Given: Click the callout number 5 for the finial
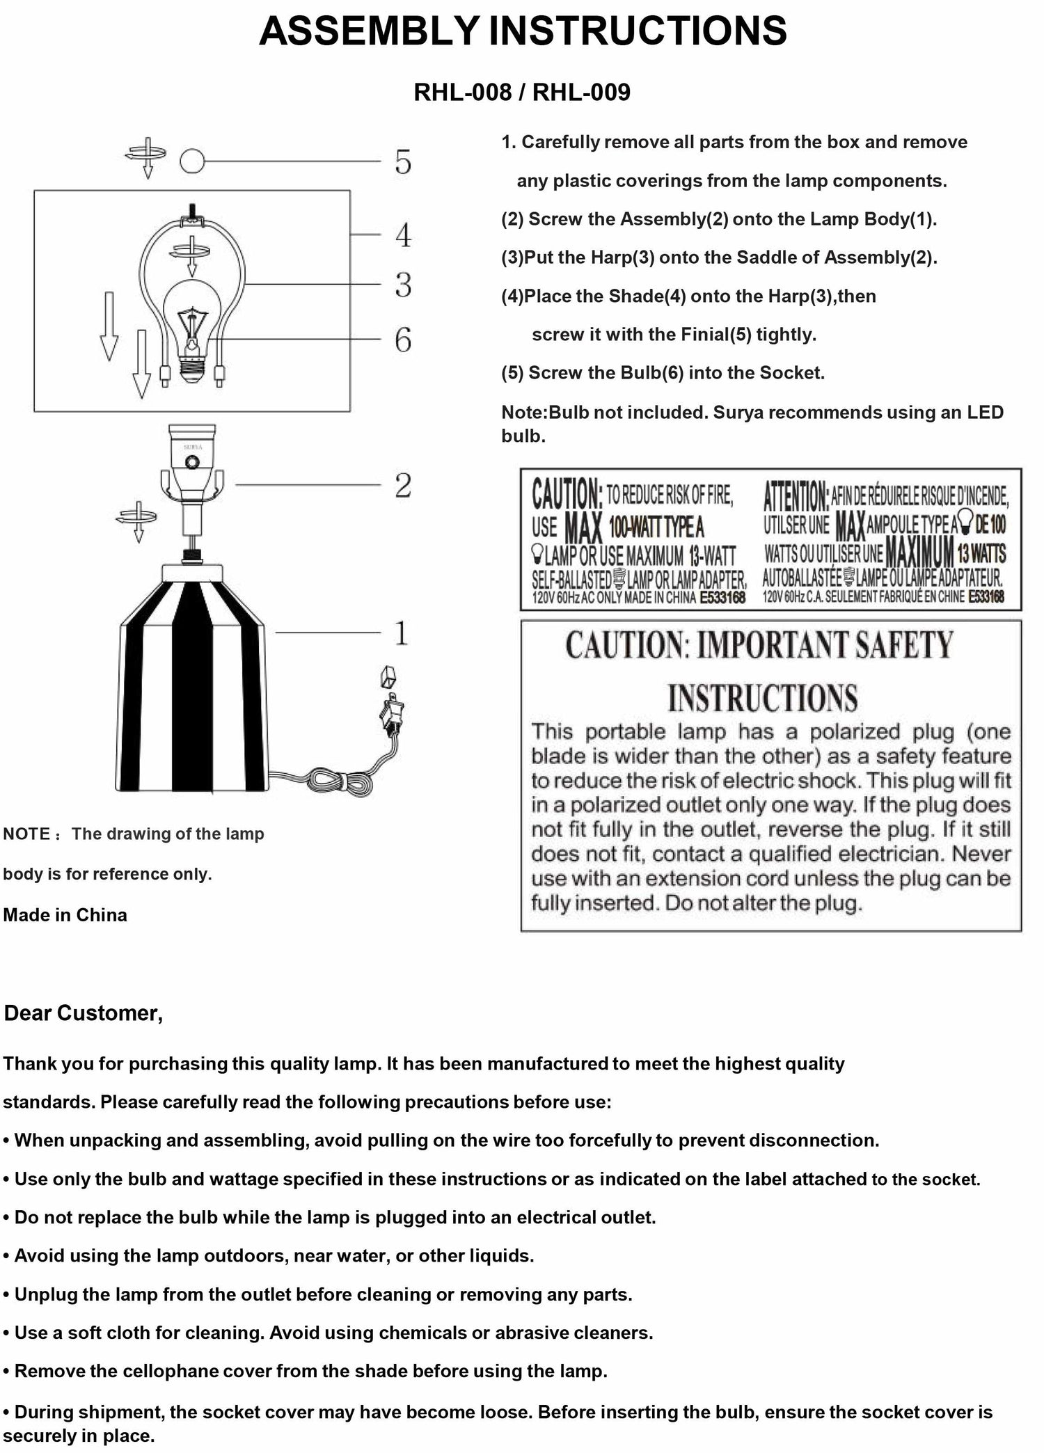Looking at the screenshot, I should click(x=403, y=161).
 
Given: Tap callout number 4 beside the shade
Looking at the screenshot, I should click(x=403, y=235).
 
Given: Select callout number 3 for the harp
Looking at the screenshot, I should click(x=403, y=285).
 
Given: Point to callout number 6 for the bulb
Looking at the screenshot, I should click(x=403, y=340).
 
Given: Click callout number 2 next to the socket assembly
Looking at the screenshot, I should click(x=403, y=486).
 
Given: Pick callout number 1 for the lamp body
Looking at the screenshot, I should click(x=402, y=633).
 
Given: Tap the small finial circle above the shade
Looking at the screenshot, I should click(x=192, y=161).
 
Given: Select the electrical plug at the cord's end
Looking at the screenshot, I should click(x=391, y=713).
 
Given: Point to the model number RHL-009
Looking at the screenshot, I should click(x=581, y=93).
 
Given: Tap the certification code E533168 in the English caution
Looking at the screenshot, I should click(x=722, y=598).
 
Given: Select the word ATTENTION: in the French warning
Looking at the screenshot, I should click(x=796, y=495).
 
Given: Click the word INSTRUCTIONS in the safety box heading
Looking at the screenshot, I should click(x=763, y=698).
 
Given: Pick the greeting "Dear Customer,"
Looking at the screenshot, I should click(x=84, y=1013).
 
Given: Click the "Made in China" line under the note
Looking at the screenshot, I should click(x=65, y=915).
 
